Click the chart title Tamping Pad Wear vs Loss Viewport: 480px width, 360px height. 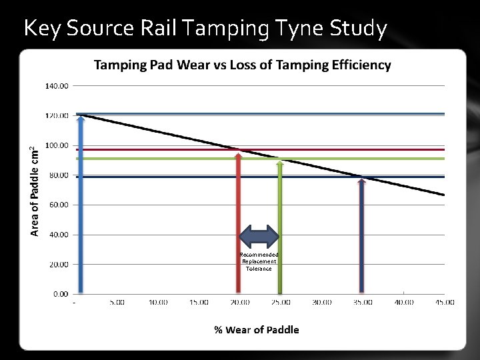[242, 65]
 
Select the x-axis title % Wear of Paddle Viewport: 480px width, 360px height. [256, 329]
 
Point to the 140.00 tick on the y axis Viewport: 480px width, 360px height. [57, 86]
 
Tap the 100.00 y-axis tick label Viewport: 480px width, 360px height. [57, 145]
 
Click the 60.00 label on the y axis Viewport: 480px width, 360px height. [59, 205]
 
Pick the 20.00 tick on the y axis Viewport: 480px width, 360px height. [59, 264]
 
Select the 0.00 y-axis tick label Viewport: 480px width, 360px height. [60, 294]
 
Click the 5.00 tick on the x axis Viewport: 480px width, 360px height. [117, 303]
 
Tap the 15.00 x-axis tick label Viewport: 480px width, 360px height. [199, 303]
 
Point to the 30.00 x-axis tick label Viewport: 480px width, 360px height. [322, 303]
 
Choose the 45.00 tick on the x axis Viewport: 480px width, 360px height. [445, 303]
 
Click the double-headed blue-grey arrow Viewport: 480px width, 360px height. [259, 237]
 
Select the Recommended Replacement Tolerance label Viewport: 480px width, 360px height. [259, 261]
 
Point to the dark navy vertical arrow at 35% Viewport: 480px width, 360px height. [361, 237]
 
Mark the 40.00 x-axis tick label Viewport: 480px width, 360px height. [403, 303]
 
